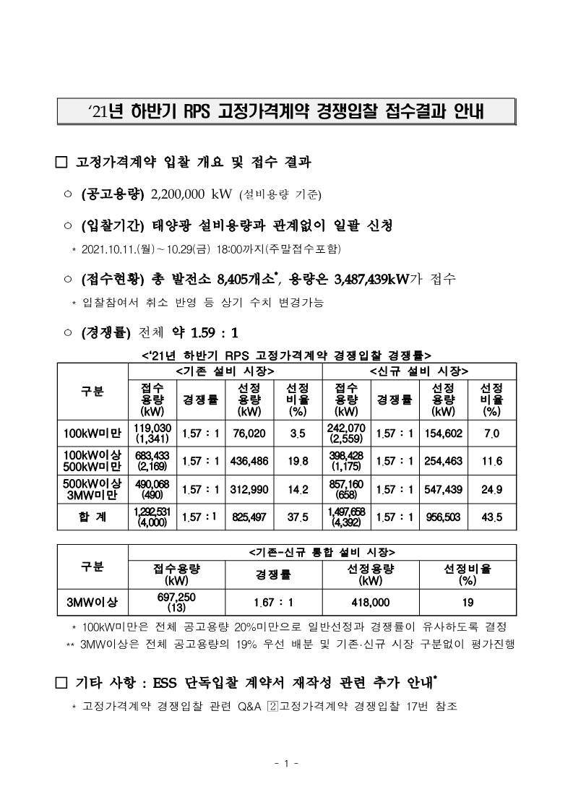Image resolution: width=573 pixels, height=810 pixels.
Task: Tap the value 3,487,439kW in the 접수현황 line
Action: [x=365, y=278]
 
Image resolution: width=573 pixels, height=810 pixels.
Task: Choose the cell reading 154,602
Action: [x=443, y=434]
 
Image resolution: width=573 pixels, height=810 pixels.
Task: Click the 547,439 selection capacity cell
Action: [x=443, y=489]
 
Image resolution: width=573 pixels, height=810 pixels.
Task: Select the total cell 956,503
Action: [x=443, y=517]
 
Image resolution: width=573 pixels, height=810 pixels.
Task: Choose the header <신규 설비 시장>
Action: [x=419, y=371]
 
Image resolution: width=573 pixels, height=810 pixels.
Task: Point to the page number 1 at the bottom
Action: [x=286, y=763]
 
